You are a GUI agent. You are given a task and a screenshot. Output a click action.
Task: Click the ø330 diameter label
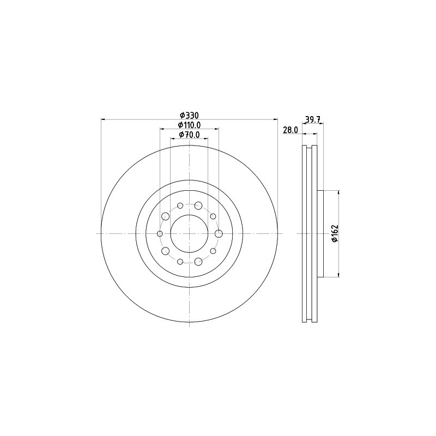(x=189, y=115)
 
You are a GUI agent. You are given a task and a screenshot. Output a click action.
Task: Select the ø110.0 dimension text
(x=189, y=125)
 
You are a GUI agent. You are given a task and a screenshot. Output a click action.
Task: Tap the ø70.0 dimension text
(x=189, y=135)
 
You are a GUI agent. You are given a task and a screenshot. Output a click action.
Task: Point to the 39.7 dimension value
(x=312, y=119)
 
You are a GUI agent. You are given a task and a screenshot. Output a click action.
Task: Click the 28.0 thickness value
(x=290, y=130)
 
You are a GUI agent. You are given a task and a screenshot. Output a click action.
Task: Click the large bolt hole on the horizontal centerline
(x=219, y=234)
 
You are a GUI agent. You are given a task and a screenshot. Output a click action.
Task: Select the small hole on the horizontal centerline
(x=160, y=234)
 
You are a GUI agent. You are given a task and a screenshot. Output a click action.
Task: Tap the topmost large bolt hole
(x=198, y=205)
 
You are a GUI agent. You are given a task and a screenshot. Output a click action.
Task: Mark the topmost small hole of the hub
(x=180, y=205)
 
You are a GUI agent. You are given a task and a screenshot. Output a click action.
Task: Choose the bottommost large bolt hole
(x=198, y=262)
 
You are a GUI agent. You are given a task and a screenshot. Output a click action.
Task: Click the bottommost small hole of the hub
(x=180, y=262)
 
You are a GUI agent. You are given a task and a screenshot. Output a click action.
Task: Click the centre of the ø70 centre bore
(x=189, y=234)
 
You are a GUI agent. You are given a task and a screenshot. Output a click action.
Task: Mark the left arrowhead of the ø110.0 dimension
(x=162, y=129)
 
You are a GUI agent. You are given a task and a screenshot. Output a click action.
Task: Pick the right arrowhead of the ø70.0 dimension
(x=206, y=138)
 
